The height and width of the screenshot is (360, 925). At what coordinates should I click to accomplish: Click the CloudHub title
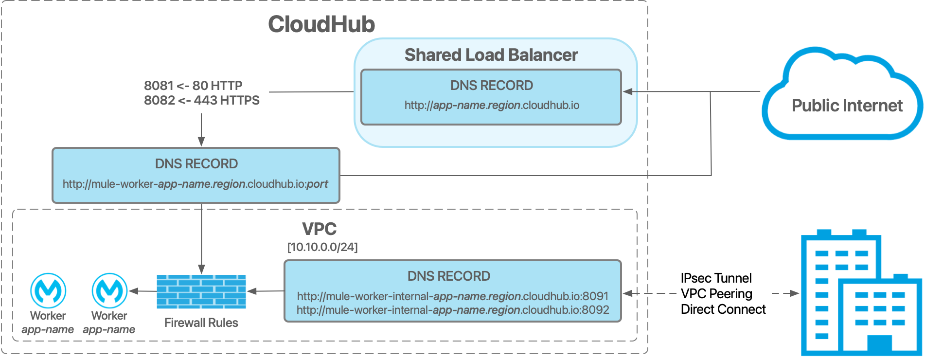pyautogui.click(x=321, y=24)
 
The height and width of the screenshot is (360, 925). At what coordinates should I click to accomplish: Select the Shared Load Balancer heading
pyautogui.click(x=491, y=55)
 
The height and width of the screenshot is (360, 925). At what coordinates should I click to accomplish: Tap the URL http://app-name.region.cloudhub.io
pyautogui.click(x=492, y=105)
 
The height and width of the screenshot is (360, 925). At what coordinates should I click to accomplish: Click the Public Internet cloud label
pyautogui.click(x=847, y=106)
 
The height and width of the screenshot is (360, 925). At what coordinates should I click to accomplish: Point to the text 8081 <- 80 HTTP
pyautogui.click(x=193, y=86)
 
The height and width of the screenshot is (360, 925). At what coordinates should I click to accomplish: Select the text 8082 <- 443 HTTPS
pyautogui.click(x=201, y=100)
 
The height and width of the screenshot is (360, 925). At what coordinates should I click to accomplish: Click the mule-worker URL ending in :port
pyautogui.click(x=195, y=184)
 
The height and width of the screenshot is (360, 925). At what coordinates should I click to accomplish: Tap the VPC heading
pyautogui.click(x=319, y=229)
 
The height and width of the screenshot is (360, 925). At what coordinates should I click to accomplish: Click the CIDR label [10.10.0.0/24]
pyautogui.click(x=322, y=247)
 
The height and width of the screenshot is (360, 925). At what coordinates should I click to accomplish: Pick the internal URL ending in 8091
pyautogui.click(x=452, y=296)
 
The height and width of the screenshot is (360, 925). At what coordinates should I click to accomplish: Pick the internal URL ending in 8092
pyautogui.click(x=452, y=310)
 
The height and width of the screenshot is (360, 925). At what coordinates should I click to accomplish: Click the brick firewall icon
pyautogui.click(x=201, y=291)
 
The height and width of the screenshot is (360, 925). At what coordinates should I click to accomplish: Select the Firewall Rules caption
pyautogui.click(x=201, y=323)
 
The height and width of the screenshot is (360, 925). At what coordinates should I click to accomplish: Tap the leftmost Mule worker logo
pyautogui.click(x=48, y=290)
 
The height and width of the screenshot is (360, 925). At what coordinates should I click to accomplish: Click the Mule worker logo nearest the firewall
pyautogui.click(x=109, y=290)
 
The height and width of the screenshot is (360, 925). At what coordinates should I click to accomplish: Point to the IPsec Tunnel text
pyautogui.click(x=716, y=278)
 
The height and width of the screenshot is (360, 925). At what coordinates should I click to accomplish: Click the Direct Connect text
pyautogui.click(x=723, y=309)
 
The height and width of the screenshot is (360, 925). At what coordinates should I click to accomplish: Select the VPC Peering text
pyautogui.click(x=716, y=294)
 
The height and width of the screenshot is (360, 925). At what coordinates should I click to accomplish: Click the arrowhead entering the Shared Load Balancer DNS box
pyautogui.click(x=627, y=91)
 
